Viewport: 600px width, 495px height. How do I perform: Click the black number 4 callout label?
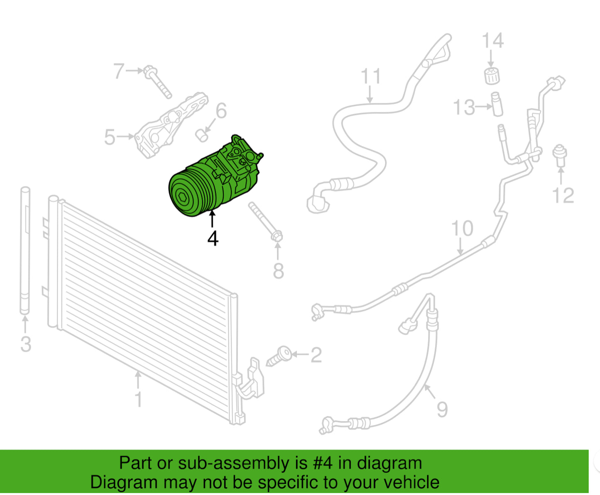coord(213,238)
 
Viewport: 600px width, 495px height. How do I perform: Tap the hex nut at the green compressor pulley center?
coord(183,197)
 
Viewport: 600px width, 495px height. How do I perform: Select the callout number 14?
coord(492,41)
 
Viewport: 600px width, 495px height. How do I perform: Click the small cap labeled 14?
coord(492,76)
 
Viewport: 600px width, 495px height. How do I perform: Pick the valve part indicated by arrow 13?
coord(497,104)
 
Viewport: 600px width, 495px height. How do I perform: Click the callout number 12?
coord(563,195)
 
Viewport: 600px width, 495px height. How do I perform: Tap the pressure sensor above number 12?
coord(559,156)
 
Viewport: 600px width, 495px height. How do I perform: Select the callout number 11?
coord(371,76)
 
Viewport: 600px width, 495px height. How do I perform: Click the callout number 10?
coord(462,228)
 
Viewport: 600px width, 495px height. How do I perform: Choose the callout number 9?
coord(442,410)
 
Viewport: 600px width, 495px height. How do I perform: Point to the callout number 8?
coord(278,271)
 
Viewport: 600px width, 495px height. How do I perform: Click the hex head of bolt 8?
coord(277,236)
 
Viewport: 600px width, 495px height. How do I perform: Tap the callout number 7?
coord(119,71)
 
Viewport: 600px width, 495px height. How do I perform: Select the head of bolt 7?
coord(150,71)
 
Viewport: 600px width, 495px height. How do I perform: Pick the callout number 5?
coord(110,137)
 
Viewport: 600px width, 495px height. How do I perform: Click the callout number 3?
coord(26,344)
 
